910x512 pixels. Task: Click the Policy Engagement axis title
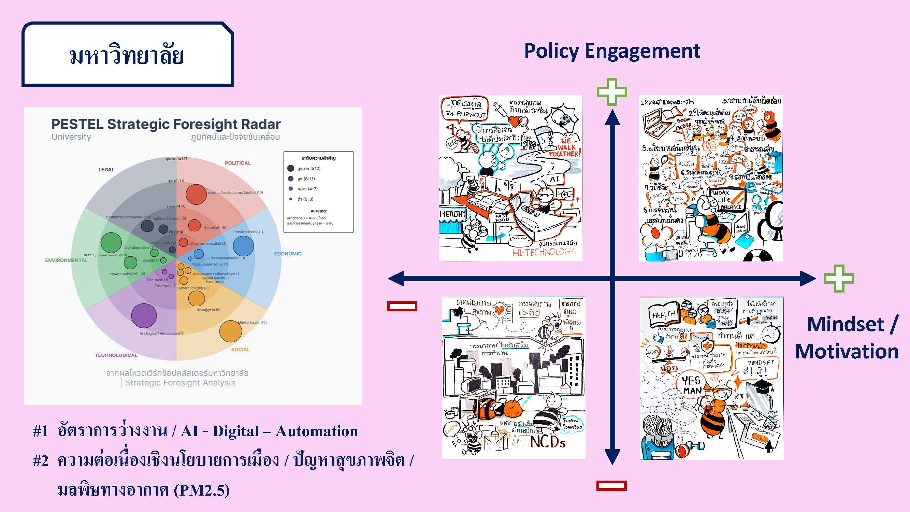coord(612,51)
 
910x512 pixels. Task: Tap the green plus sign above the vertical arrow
coord(612,92)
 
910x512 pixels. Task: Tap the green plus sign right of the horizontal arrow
coord(839,279)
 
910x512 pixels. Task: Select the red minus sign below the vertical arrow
coord(611,485)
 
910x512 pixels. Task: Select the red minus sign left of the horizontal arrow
coord(402,306)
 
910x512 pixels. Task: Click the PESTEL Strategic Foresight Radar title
coord(166,124)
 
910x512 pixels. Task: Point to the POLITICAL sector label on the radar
coord(237,163)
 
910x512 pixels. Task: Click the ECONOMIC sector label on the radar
coord(288,254)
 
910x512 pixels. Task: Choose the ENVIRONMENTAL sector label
coord(66,260)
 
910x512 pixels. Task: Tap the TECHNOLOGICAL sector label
coord(116,355)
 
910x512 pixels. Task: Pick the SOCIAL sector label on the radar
coord(240,350)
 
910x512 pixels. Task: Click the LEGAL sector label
coord(106,170)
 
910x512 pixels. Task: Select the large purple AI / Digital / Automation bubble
coord(144,315)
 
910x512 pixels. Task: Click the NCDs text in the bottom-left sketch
coord(548,442)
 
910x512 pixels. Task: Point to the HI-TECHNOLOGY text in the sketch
coord(544,252)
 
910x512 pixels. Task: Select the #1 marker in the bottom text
coord(40,431)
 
